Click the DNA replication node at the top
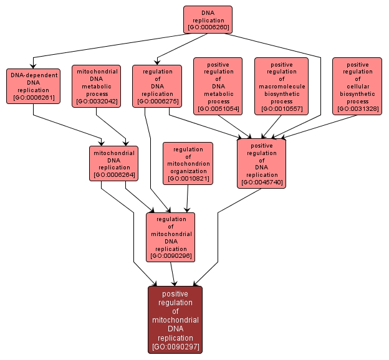pos(208,19)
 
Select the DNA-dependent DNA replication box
pos(34,86)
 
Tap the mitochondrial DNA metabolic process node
pos(96,86)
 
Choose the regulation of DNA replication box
pos(157,86)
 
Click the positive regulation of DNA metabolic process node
pos(219,86)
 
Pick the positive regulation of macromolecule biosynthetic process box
pos(282,86)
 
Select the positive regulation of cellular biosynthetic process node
pos(357,86)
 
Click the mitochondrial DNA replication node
pos(114,163)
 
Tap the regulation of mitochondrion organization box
pos(188,163)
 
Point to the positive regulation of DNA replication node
pos(261,163)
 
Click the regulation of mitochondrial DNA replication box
pos(171,237)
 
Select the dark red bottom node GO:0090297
pos(175,320)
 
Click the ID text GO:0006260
pos(208,28)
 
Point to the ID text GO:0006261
pos(34,98)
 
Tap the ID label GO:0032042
pos(96,102)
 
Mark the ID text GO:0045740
pos(261,183)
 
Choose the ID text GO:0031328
pos(357,109)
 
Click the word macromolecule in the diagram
pos(282,86)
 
